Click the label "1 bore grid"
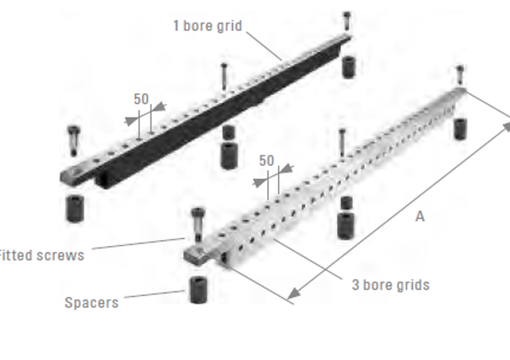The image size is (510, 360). tap(208, 25)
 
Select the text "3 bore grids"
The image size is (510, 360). tap(390, 285)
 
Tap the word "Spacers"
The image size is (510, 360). tap(92, 303)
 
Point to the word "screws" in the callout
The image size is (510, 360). tap(60, 256)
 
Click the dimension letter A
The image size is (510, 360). tap(420, 217)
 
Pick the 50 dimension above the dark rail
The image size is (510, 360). tap(141, 99)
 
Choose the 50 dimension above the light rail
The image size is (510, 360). tap(266, 160)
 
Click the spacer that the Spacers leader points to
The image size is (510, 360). tap(198, 290)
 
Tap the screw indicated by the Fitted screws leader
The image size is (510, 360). tap(198, 225)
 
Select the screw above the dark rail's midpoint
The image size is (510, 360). tap(224, 77)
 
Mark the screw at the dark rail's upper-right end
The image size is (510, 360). tap(347, 21)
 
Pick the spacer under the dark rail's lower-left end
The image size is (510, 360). tap(75, 208)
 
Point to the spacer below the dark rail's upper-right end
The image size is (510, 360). tap(348, 67)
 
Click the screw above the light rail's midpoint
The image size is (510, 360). tap(342, 143)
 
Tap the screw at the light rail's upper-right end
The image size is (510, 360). tap(460, 75)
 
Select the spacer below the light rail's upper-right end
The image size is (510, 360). tap(460, 129)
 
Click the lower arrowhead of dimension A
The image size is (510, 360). tap(293, 293)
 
